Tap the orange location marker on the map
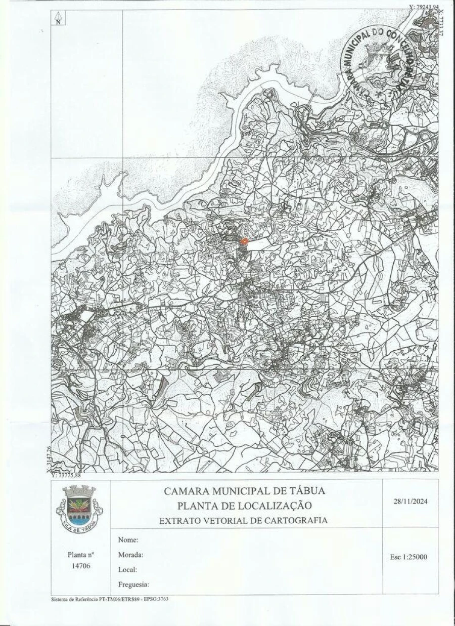point(244,242)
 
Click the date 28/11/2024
point(411,502)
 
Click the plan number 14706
point(81,565)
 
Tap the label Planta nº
point(81,554)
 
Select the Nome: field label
point(128,540)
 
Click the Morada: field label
point(131,555)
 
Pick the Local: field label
point(128,569)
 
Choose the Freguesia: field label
point(134,585)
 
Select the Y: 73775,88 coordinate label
point(66,475)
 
